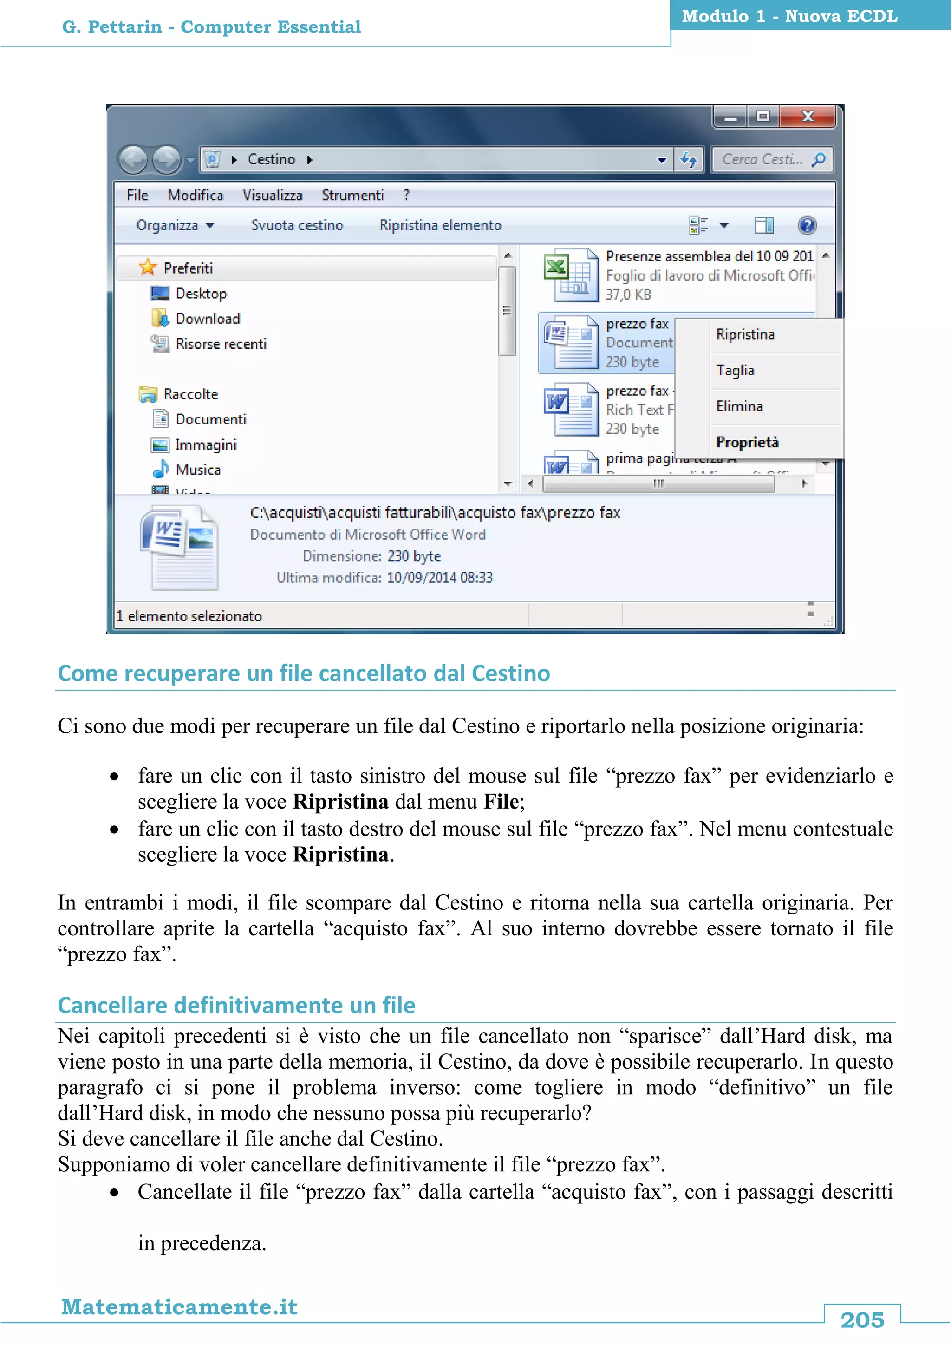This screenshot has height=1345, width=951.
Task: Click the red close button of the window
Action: tap(808, 117)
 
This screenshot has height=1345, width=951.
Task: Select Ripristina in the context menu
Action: tap(745, 334)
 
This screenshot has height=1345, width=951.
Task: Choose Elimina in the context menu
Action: tap(739, 406)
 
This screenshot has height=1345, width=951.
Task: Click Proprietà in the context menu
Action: tap(747, 442)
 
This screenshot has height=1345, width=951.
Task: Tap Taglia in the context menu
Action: tap(735, 370)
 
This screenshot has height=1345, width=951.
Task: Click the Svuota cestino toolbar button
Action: tap(297, 226)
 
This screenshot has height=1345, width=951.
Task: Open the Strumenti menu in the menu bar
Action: tap(352, 196)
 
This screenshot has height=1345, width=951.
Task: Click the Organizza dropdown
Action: tap(175, 226)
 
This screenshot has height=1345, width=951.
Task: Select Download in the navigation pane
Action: tap(207, 319)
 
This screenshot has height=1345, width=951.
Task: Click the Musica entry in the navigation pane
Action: tap(198, 470)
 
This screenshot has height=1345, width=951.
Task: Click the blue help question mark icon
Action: tap(807, 226)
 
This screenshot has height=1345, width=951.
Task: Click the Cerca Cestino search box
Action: tap(761, 159)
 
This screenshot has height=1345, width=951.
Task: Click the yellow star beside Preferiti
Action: tap(148, 268)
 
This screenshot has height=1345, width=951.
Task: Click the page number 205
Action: tap(862, 1320)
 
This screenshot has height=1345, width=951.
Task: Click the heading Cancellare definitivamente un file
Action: tap(236, 1005)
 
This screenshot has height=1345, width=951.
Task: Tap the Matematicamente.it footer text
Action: tap(179, 1306)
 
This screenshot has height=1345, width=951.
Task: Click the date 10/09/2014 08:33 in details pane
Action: tap(439, 578)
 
